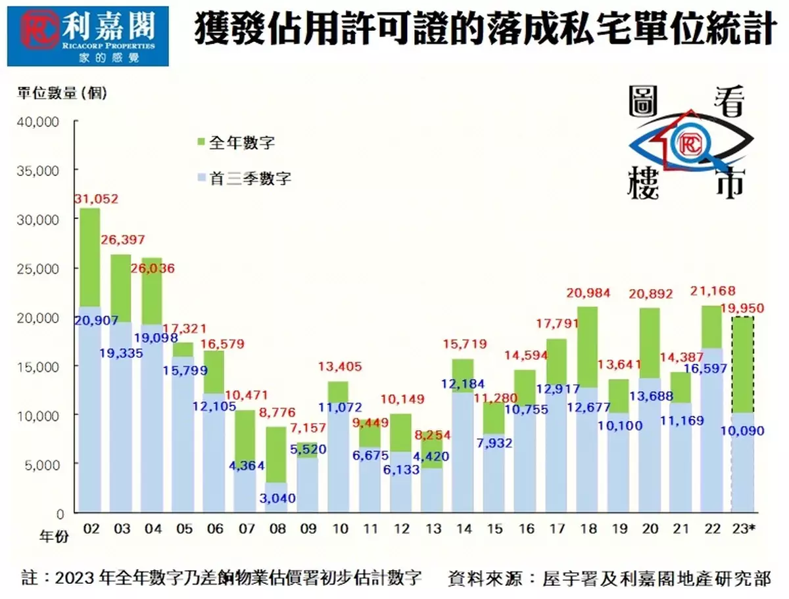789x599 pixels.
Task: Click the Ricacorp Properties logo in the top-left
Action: [x=88, y=36]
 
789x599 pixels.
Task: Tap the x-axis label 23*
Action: [x=745, y=528]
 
